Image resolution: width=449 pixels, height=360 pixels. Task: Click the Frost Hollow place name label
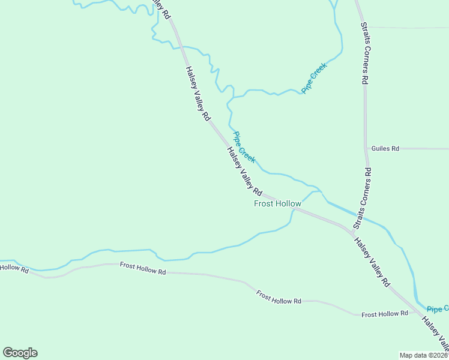click(x=277, y=204)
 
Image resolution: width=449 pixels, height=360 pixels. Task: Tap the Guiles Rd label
click(x=385, y=148)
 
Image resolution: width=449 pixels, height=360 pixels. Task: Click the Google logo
click(x=20, y=353)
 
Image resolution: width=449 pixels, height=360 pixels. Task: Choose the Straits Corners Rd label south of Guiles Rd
click(x=363, y=199)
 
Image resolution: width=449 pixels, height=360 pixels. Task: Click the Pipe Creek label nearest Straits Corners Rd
click(x=316, y=79)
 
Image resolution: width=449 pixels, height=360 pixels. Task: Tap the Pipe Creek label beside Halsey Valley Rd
click(x=244, y=147)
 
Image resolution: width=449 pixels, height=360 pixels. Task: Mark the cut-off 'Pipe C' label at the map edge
click(x=438, y=308)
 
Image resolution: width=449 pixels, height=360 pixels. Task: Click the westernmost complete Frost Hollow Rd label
click(x=142, y=268)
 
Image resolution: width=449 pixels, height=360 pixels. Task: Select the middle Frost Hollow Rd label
click(x=278, y=297)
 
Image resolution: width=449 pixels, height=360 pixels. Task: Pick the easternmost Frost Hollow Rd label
click(x=385, y=314)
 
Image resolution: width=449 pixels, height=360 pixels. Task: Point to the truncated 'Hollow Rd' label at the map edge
click(x=14, y=269)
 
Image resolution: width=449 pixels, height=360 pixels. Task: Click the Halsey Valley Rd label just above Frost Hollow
click(x=245, y=171)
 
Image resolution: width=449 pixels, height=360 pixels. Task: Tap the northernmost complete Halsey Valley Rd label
click(x=197, y=94)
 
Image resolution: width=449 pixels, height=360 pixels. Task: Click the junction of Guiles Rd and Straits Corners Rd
click(x=366, y=148)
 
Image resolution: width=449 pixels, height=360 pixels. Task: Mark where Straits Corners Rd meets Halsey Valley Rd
click(x=351, y=230)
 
